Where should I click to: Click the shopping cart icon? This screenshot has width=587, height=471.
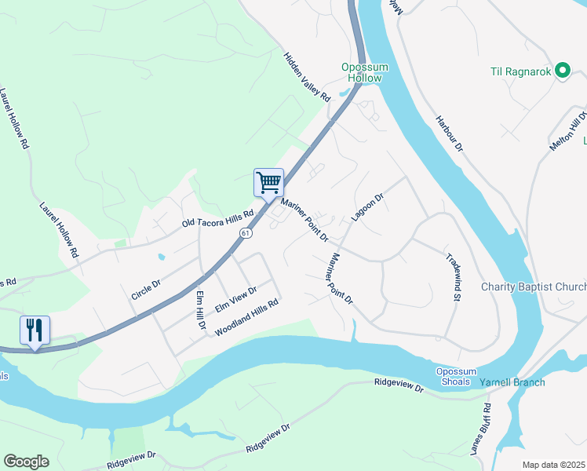point(268,183)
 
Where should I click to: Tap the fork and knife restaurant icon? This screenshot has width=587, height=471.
point(35,330)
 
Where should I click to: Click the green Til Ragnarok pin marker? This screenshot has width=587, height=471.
point(562,71)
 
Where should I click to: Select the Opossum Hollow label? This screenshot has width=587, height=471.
point(364,72)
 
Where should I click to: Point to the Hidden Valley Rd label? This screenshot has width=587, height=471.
point(307,76)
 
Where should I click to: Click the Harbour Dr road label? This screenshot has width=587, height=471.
point(450,134)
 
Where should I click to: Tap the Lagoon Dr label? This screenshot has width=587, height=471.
point(366,207)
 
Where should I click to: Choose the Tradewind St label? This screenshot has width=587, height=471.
point(451,277)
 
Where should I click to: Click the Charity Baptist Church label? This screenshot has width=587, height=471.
point(534,287)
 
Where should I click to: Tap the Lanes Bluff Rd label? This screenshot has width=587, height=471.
point(479,429)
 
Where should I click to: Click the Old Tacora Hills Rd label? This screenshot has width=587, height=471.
point(217,218)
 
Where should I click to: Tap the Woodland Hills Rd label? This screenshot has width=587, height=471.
point(247,317)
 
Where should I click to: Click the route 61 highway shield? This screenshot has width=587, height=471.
point(246,233)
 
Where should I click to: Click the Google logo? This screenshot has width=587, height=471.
point(26,462)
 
